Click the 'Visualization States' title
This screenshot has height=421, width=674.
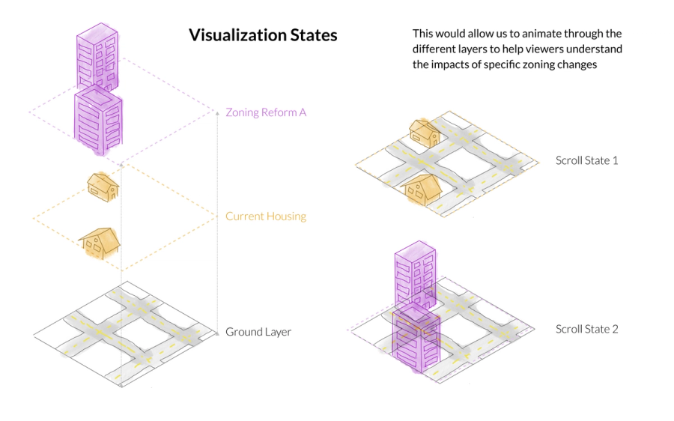(263, 35)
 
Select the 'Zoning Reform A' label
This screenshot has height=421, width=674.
(266, 112)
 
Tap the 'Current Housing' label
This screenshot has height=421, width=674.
(266, 216)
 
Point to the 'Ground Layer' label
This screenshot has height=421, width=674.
(258, 332)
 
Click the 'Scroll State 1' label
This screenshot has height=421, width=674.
(586, 160)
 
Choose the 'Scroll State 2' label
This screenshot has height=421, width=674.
(586, 329)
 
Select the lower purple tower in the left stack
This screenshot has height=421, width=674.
(98, 118)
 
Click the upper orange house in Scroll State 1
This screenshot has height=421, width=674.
(425, 132)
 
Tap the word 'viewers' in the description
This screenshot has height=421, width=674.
(550, 49)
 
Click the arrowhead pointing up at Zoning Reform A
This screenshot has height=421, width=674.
(217, 113)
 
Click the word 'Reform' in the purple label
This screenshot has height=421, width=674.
(278, 112)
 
